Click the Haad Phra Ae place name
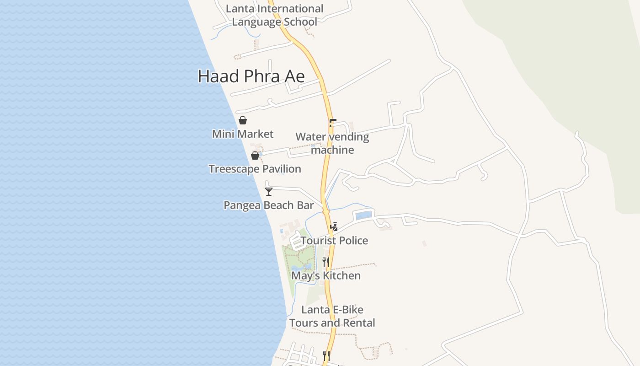pos(251,76)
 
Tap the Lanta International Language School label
pos(274,15)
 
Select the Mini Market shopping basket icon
pos(243,120)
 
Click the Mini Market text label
pos(243,134)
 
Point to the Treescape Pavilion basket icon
pos(255,156)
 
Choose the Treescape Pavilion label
pos(255,169)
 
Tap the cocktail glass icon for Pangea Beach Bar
pos(269,192)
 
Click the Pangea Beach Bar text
pos(268,205)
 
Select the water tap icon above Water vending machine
pos(332,123)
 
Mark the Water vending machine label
pos(332,143)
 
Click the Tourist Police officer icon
pos(334,226)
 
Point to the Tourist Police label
pos(334,241)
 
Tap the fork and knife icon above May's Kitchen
pos(326,262)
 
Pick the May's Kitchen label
pos(326,276)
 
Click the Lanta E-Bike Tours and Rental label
pos(332,316)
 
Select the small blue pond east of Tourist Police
pos(363,215)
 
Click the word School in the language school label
pos(300,22)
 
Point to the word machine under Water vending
pos(332,150)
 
